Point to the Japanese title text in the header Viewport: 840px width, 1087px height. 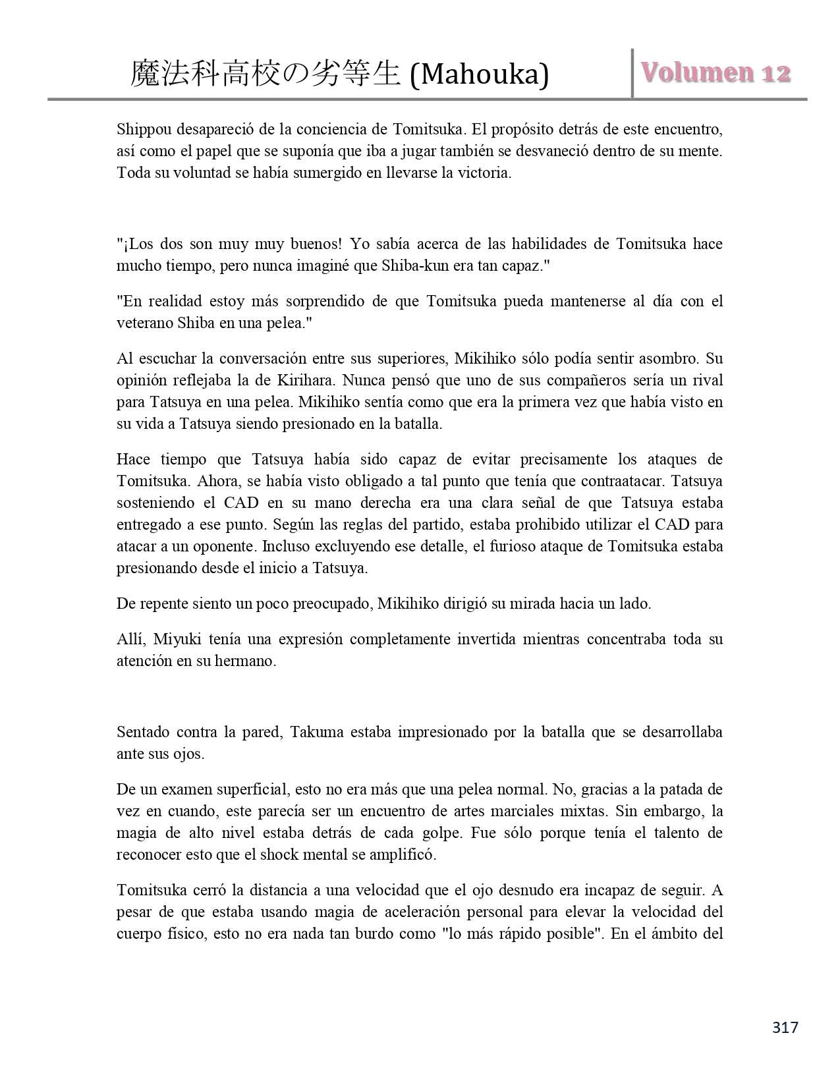265,74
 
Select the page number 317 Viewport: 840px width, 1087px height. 785,1027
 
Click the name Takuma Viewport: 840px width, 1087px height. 317,732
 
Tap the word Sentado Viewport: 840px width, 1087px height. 143,732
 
